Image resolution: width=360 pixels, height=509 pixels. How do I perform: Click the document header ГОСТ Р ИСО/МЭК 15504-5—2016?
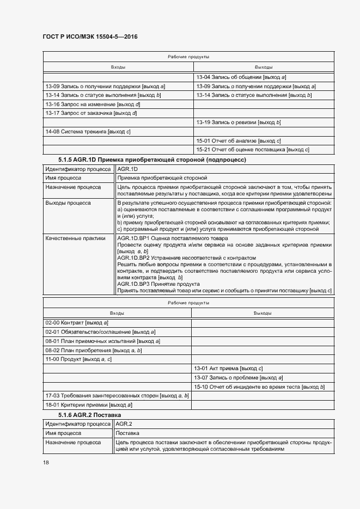tap(90, 36)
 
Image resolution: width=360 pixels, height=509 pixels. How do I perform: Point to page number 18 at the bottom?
tap(46, 462)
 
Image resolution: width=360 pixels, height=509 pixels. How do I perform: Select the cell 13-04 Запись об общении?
tap(241, 77)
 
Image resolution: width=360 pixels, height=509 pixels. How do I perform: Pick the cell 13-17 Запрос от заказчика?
tap(91, 113)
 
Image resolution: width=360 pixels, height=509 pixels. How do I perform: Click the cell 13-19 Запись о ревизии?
tap(239, 122)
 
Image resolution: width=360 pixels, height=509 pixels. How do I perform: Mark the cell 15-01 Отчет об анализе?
tap(239, 141)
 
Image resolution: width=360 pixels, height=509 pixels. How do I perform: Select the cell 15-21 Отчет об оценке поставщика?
tap(253, 150)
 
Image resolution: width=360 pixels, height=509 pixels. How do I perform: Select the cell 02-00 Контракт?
tap(77, 323)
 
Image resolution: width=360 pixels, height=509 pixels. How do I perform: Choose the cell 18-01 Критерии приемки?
tap(89, 405)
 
